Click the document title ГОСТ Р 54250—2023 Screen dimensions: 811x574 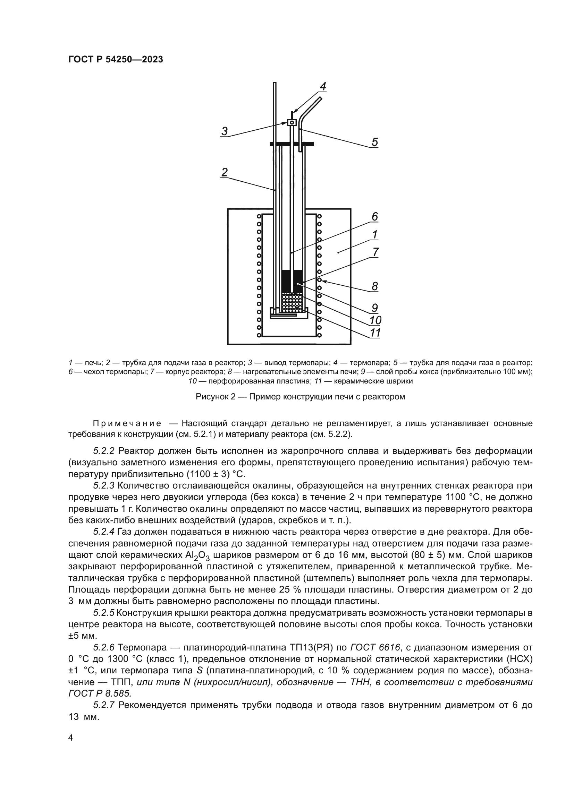pos(116,60)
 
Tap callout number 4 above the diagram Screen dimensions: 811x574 pos(322,86)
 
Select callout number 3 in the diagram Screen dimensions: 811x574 pos(224,131)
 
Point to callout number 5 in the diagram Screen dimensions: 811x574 pos(375,142)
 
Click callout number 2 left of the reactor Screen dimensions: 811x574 pos(224,172)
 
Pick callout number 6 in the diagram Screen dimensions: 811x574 pos(375,216)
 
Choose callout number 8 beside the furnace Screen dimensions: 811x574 pos(375,286)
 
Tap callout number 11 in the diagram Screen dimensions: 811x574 pos(375,333)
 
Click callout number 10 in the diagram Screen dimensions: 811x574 pos(375,320)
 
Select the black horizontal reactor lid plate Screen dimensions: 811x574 pos(292,144)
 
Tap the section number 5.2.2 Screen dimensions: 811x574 pos(104,451)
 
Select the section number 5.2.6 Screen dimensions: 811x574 pos(104,647)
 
